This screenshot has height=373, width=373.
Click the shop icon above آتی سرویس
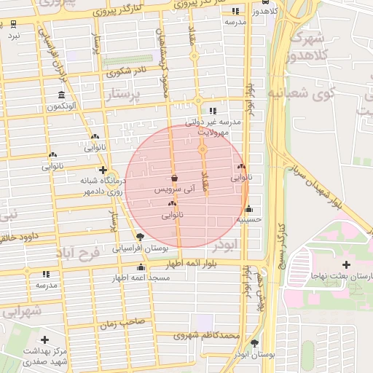[174, 178]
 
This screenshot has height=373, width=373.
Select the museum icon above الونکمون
[62, 95]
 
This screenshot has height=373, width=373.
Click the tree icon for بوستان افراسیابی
[140, 237]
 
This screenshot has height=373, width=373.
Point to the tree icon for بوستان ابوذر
[254, 342]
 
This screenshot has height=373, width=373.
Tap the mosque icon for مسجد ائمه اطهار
[141, 267]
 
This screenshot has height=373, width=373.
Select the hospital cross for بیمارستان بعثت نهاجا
[335, 264]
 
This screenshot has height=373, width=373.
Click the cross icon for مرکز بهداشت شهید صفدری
[45, 339]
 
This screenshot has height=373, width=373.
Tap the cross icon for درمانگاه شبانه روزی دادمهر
[103, 170]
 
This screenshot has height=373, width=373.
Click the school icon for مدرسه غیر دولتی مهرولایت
[213, 111]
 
